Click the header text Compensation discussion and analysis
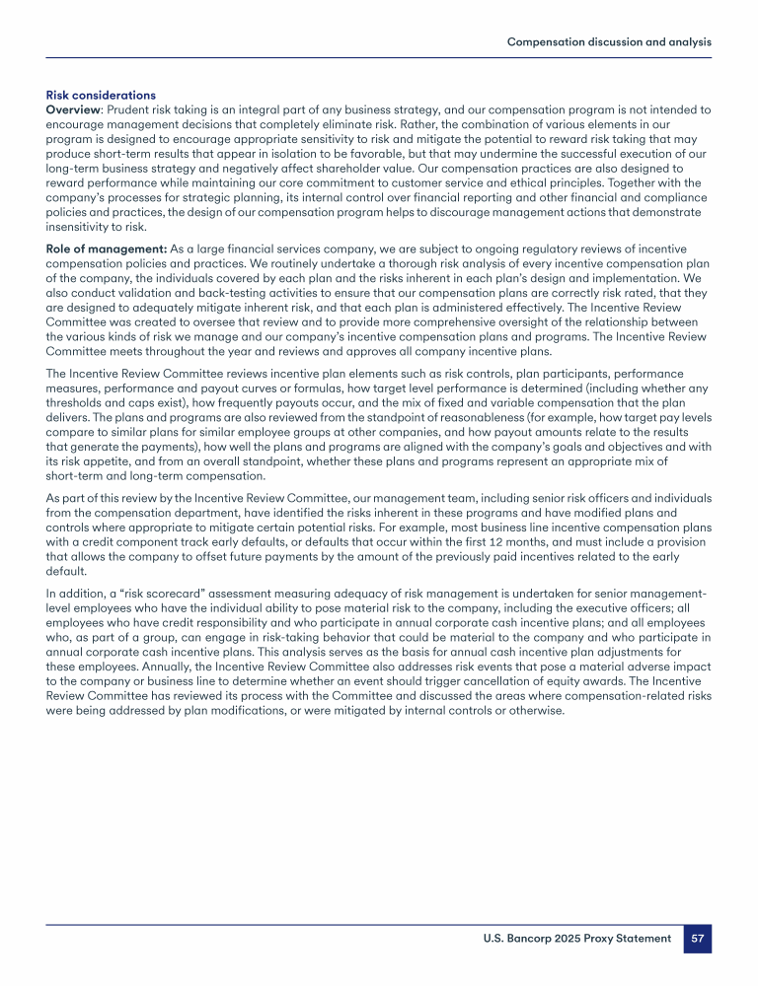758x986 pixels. coord(609,42)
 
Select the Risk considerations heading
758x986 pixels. coord(101,96)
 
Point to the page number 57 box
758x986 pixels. coord(698,939)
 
